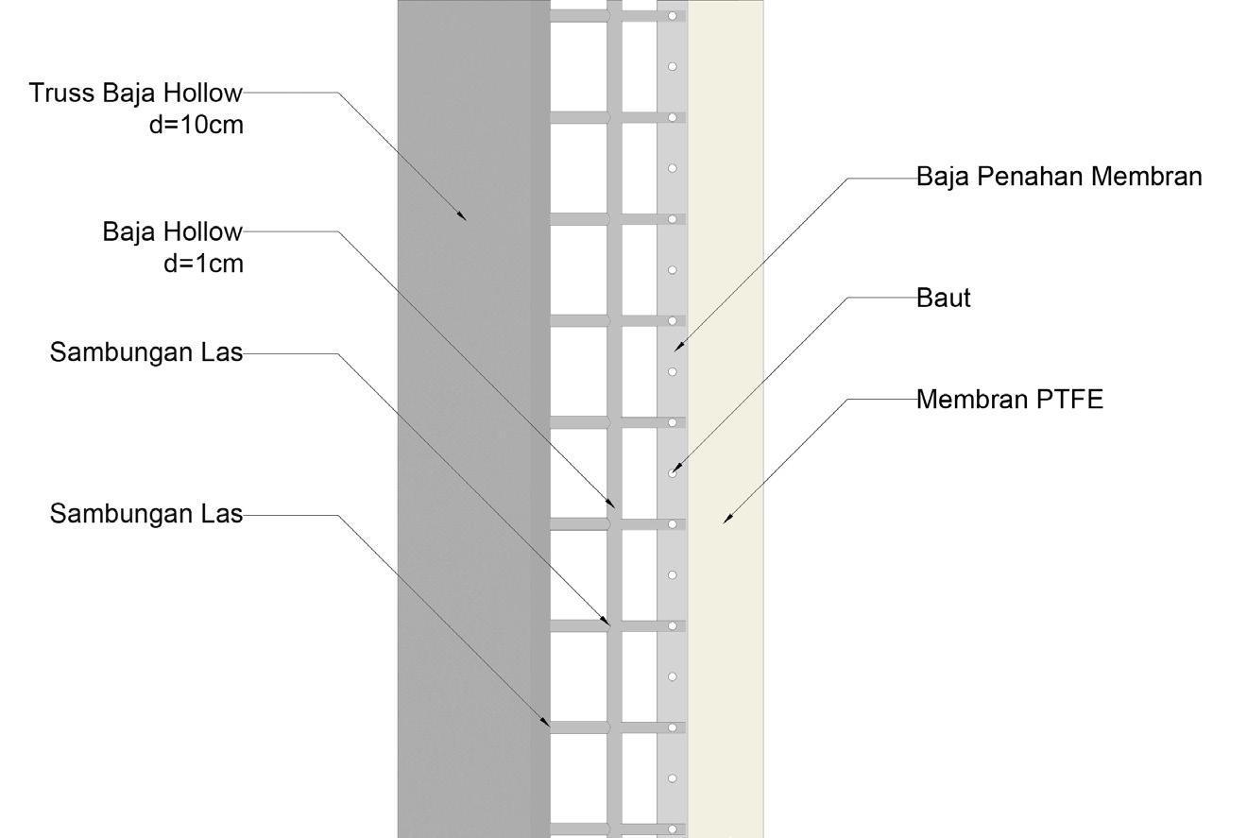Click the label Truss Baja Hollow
pyautogui.click(x=135, y=94)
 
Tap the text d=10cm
pyautogui.click(x=196, y=124)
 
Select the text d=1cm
pyautogui.click(x=203, y=264)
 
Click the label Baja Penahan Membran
pyautogui.click(x=1059, y=177)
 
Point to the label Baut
pyautogui.click(x=944, y=299)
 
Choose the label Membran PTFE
pyautogui.click(x=1010, y=400)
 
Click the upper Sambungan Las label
pyautogui.click(x=146, y=353)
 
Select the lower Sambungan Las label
pyautogui.click(x=146, y=515)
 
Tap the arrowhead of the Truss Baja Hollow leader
pyautogui.click(x=463, y=217)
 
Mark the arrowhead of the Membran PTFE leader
pyautogui.click(x=726, y=519)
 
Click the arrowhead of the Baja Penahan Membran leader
pyautogui.click(x=676, y=348)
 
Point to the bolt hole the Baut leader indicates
pyautogui.click(x=673, y=472)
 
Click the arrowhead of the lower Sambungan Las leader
pyautogui.click(x=547, y=724)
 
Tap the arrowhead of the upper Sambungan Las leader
pyautogui.click(x=607, y=622)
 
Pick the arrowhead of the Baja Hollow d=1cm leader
pyautogui.click(x=613, y=505)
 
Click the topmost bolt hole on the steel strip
pyautogui.click(x=673, y=16)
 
